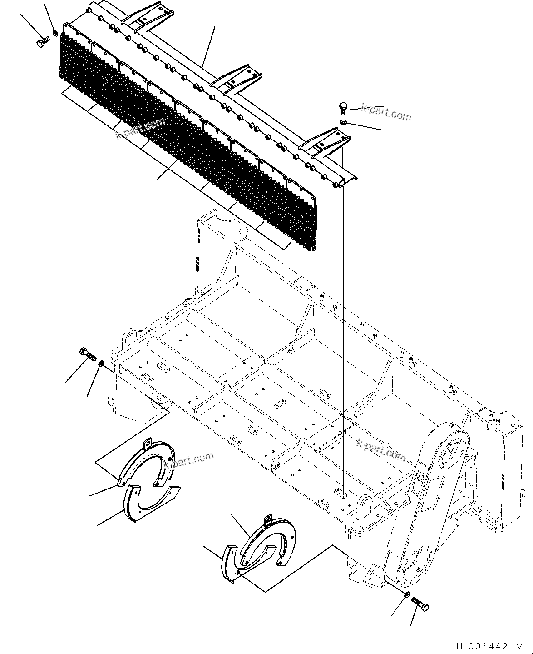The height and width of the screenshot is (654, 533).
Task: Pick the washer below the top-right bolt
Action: [x=344, y=122]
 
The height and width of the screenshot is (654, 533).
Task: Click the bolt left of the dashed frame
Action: [x=88, y=353]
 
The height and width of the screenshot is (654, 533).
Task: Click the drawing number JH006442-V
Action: [x=491, y=646]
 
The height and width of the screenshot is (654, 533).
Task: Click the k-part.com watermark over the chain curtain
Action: [x=140, y=129]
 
